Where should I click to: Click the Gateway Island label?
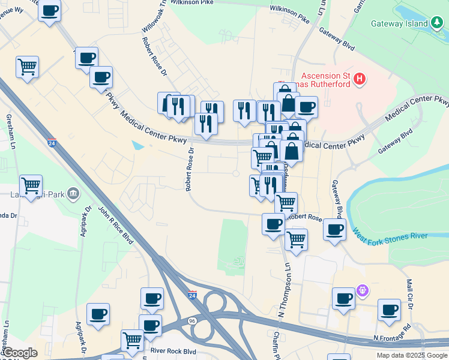click(x=399, y=24)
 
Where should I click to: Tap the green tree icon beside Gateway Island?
click(x=438, y=24)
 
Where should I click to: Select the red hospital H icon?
click(x=360, y=78)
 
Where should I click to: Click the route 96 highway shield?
click(x=193, y=322)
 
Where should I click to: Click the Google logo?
click(x=20, y=353)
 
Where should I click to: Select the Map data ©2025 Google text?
click(x=411, y=355)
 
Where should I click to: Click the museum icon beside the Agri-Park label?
click(x=73, y=193)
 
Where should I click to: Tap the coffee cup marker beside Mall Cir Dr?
click(x=389, y=310)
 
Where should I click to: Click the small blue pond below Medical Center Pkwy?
click(x=138, y=145)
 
